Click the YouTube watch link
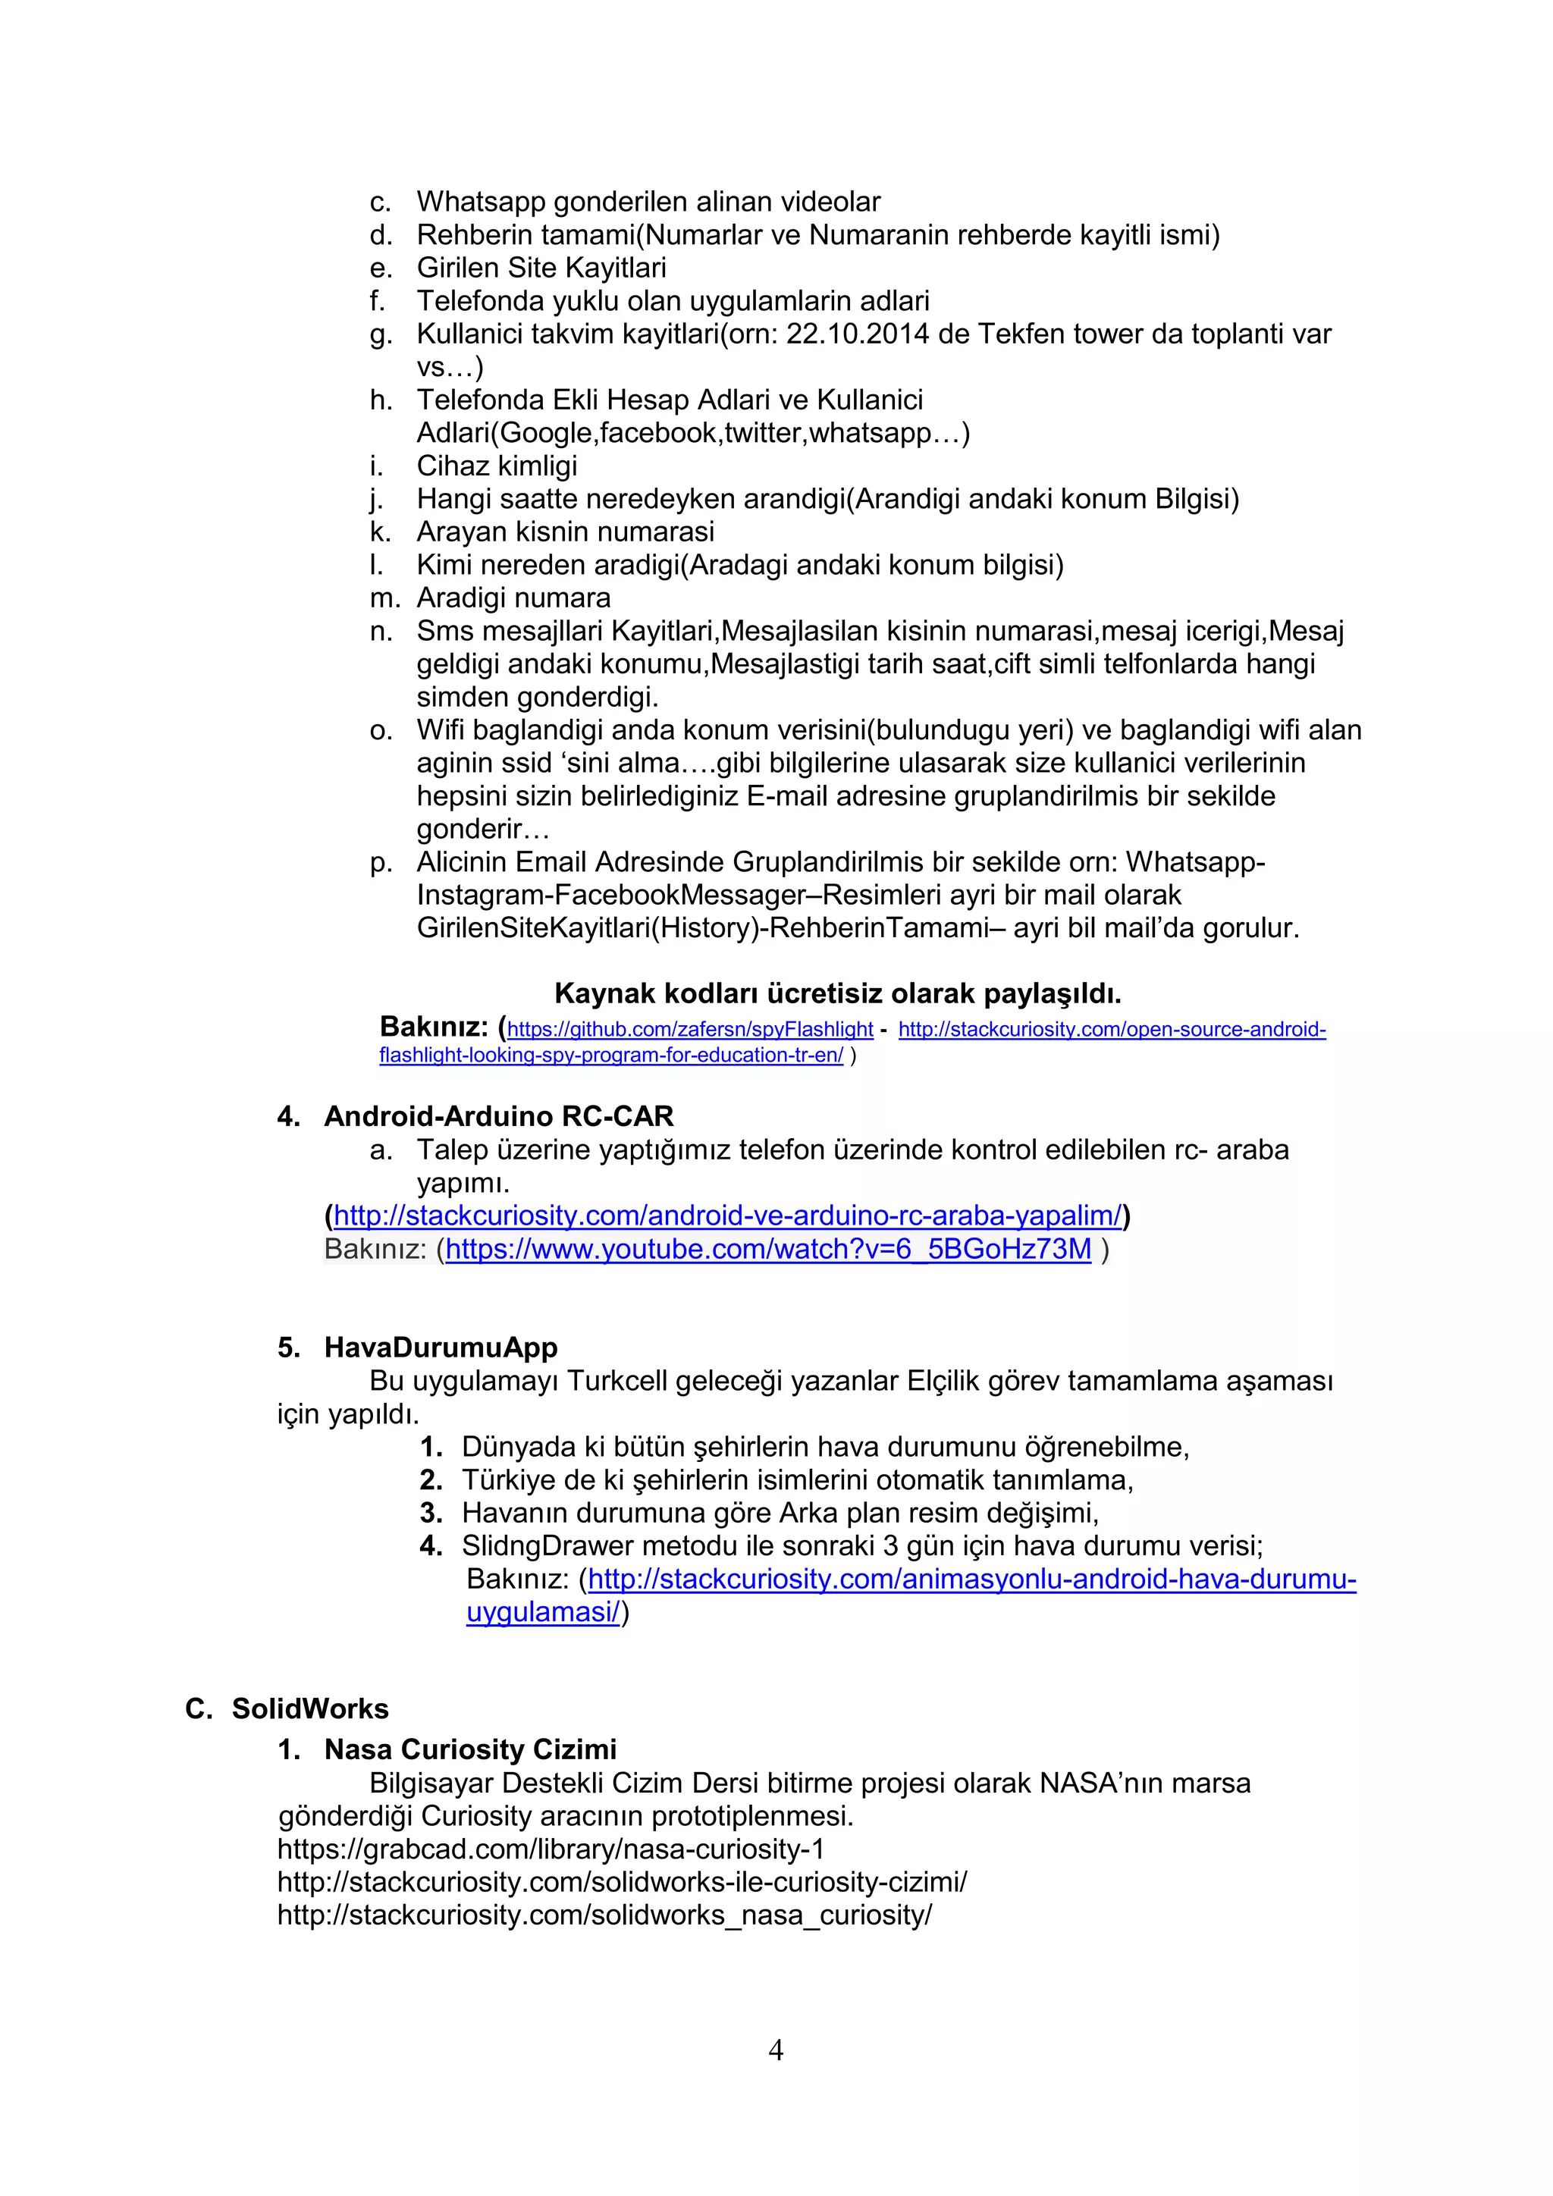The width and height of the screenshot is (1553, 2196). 768,1249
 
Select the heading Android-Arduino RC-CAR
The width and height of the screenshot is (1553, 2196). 498,1116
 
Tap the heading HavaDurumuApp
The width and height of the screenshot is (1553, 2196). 440,1347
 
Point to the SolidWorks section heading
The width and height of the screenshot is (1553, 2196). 310,1708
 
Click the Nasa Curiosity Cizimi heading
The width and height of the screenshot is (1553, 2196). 469,1749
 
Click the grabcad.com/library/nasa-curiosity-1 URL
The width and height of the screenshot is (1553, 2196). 551,1849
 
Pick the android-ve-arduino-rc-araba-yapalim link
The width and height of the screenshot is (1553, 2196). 726,1216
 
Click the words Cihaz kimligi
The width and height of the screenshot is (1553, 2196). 497,466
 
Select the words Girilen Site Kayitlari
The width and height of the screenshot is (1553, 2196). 541,268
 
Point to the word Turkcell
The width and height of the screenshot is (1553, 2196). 616,1381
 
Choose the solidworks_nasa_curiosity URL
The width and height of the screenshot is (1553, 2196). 604,1915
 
